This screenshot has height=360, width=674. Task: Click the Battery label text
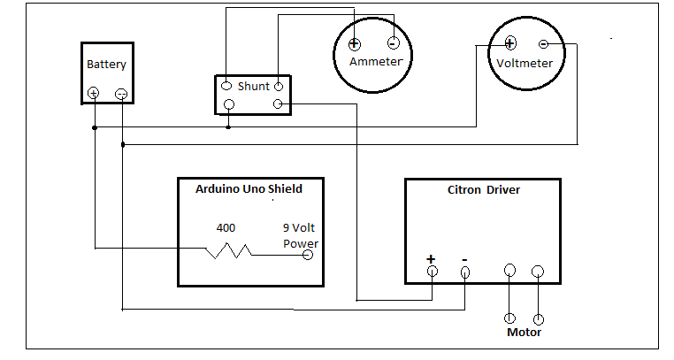[106, 65]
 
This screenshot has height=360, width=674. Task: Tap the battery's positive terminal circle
[93, 93]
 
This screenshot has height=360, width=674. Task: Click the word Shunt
[253, 86]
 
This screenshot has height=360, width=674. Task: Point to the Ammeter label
[376, 62]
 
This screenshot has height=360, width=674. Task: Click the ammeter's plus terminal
[353, 44]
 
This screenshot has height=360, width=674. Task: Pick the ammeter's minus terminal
[394, 43]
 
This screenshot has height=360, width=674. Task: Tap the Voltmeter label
[525, 64]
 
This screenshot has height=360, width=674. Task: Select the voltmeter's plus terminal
[509, 42]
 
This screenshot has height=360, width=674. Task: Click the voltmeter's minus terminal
[543, 43]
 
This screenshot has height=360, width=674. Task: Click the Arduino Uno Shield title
[249, 188]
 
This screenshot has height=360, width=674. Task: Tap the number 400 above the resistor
[226, 228]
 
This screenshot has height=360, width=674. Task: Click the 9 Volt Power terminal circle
[308, 255]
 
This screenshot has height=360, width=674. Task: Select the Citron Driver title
[484, 190]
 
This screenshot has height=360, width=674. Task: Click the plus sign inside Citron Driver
[431, 258]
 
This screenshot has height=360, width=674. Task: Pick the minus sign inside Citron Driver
[465, 258]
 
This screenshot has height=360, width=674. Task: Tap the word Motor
[524, 333]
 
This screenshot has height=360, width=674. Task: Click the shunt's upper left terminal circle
[226, 86]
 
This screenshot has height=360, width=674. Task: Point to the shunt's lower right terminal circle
[279, 104]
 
